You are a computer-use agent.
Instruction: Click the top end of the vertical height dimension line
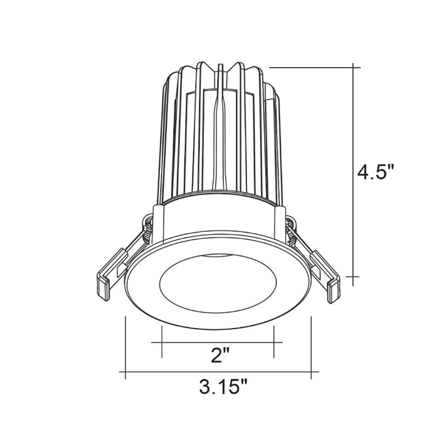pos(356,66)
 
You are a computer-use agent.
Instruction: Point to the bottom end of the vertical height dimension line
pos(356,276)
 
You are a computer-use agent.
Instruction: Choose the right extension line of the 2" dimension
pos(274,342)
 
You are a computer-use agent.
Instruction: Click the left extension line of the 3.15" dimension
pos(125,348)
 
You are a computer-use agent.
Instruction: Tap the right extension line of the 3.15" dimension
pos(312,348)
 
